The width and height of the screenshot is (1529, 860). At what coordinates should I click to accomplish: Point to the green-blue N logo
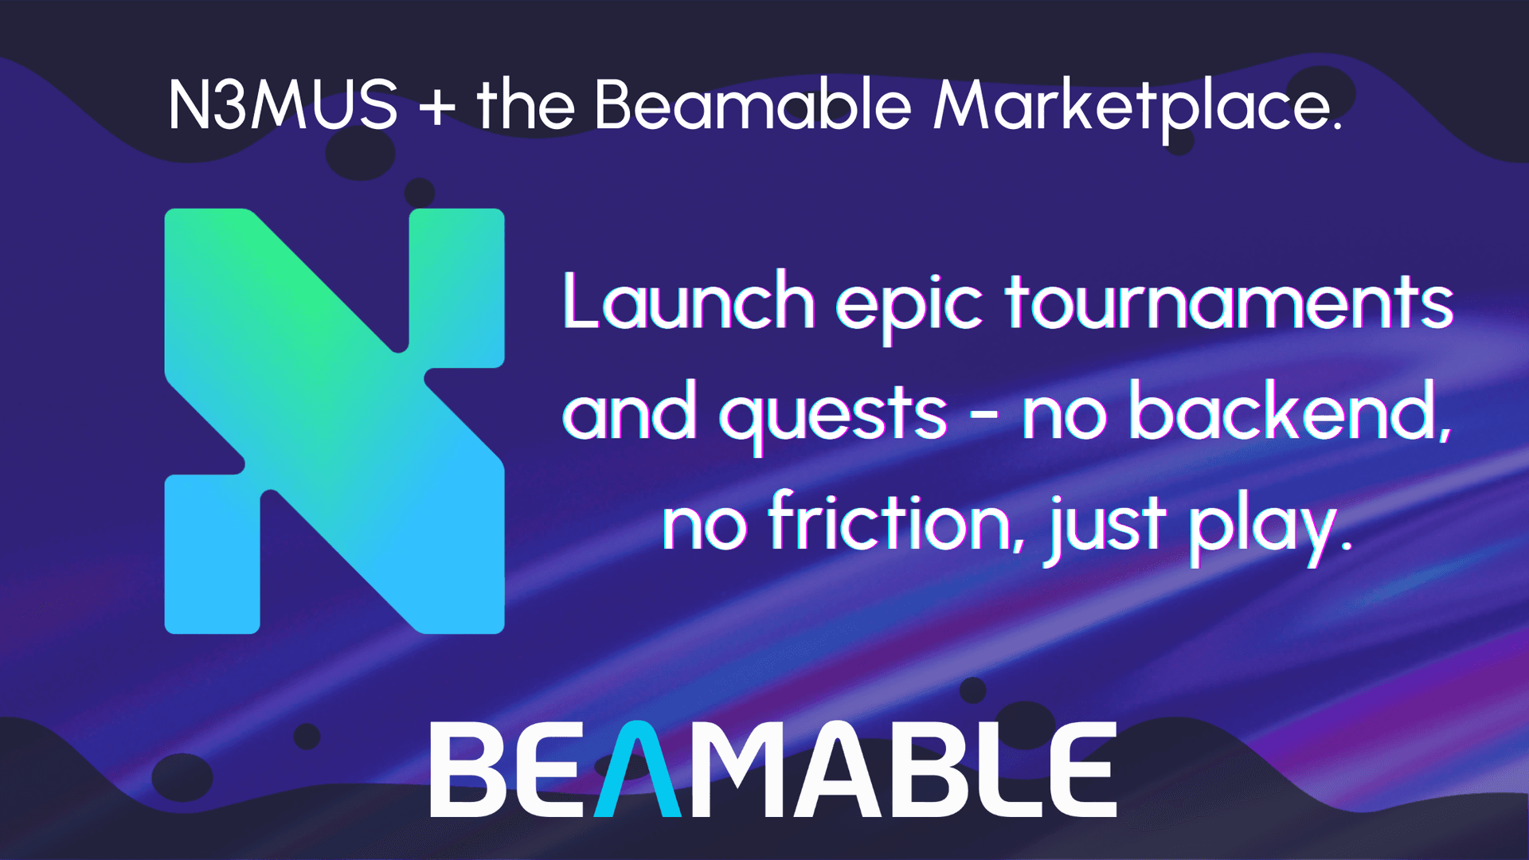click(334, 420)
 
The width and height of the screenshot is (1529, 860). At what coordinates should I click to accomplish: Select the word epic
click(909, 307)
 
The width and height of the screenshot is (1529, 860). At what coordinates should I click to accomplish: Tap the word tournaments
click(1230, 303)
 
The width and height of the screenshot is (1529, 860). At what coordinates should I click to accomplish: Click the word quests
click(834, 414)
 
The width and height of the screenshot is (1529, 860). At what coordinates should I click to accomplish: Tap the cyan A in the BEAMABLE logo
click(637, 770)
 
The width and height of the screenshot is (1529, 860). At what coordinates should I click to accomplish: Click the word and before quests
click(630, 412)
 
